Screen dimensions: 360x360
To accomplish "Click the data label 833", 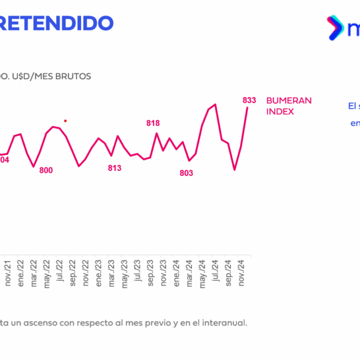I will coord(250,100).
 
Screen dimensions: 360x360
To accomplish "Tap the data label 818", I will coord(153,123).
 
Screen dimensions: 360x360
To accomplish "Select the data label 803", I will coord(187,173).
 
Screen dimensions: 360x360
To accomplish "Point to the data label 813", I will coord(115,168).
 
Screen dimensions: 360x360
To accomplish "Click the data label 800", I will coord(46,170).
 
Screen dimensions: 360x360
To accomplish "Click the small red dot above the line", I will coord(65,121).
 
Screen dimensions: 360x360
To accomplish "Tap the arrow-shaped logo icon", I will coord(334,28).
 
